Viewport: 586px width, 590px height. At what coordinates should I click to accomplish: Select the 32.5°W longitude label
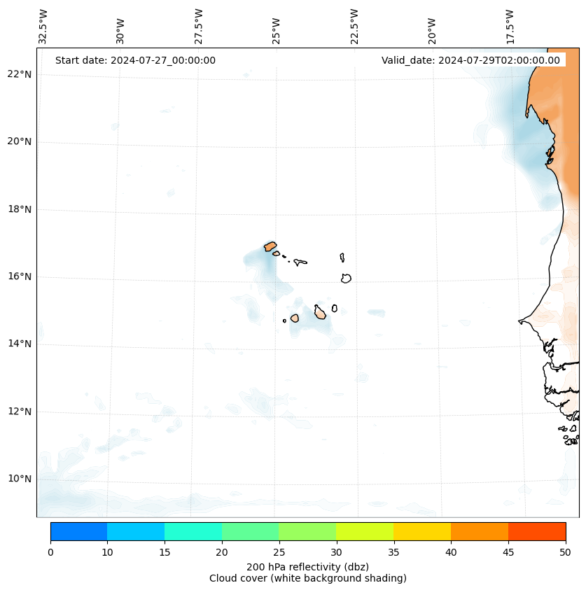[43, 27]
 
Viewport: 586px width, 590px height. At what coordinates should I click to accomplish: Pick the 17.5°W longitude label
[510, 27]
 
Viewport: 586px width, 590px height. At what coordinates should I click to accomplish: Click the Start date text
[135, 60]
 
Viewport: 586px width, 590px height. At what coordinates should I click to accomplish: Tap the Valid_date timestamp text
[470, 60]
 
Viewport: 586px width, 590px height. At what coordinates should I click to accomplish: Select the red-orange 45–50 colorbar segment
[537, 531]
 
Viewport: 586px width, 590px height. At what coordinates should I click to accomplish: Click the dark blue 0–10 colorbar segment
[78, 531]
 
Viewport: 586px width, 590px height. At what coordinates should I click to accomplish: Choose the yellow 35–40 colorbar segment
[422, 531]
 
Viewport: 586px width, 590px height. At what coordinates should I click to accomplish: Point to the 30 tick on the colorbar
[336, 552]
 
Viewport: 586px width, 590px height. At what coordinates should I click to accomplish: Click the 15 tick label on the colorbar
[165, 552]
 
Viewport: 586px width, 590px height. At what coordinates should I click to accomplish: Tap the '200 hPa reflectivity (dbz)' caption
[308, 566]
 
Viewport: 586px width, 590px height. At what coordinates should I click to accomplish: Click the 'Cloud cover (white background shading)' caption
[308, 578]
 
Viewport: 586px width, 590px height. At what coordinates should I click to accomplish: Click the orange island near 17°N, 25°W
[270, 246]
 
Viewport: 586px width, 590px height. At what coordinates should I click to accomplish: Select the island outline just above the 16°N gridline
[346, 278]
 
